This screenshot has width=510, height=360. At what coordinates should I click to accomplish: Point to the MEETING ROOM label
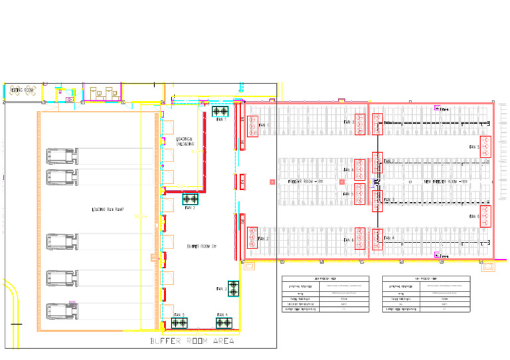(x=21, y=90)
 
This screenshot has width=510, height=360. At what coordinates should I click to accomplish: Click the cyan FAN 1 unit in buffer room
(x=220, y=111)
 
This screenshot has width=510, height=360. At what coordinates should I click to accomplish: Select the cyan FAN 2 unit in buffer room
(x=191, y=199)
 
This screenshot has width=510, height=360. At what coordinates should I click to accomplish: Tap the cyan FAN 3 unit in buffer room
(x=233, y=288)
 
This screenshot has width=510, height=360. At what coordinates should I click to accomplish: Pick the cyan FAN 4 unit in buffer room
(x=224, y=323)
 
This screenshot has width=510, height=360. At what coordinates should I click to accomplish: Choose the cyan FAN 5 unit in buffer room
(x=179, y=323)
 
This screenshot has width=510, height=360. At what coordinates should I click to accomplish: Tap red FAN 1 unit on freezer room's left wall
(x=252, y=125)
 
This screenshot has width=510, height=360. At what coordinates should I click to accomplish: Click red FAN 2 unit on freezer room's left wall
(x=252, y=238)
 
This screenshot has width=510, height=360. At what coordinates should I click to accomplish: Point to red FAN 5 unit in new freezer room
(x=485, y=147)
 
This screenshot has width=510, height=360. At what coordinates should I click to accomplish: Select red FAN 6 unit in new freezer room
(x=485, y=217)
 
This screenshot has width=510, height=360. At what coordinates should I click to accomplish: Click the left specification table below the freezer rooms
(x=325, y=294)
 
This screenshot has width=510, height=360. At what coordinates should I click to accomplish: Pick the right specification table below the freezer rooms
(x=426, y=294)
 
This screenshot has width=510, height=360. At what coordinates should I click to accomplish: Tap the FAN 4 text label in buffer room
(x=222, y=314)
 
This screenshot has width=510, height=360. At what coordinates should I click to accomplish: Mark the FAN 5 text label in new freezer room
(x=473, y=147)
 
